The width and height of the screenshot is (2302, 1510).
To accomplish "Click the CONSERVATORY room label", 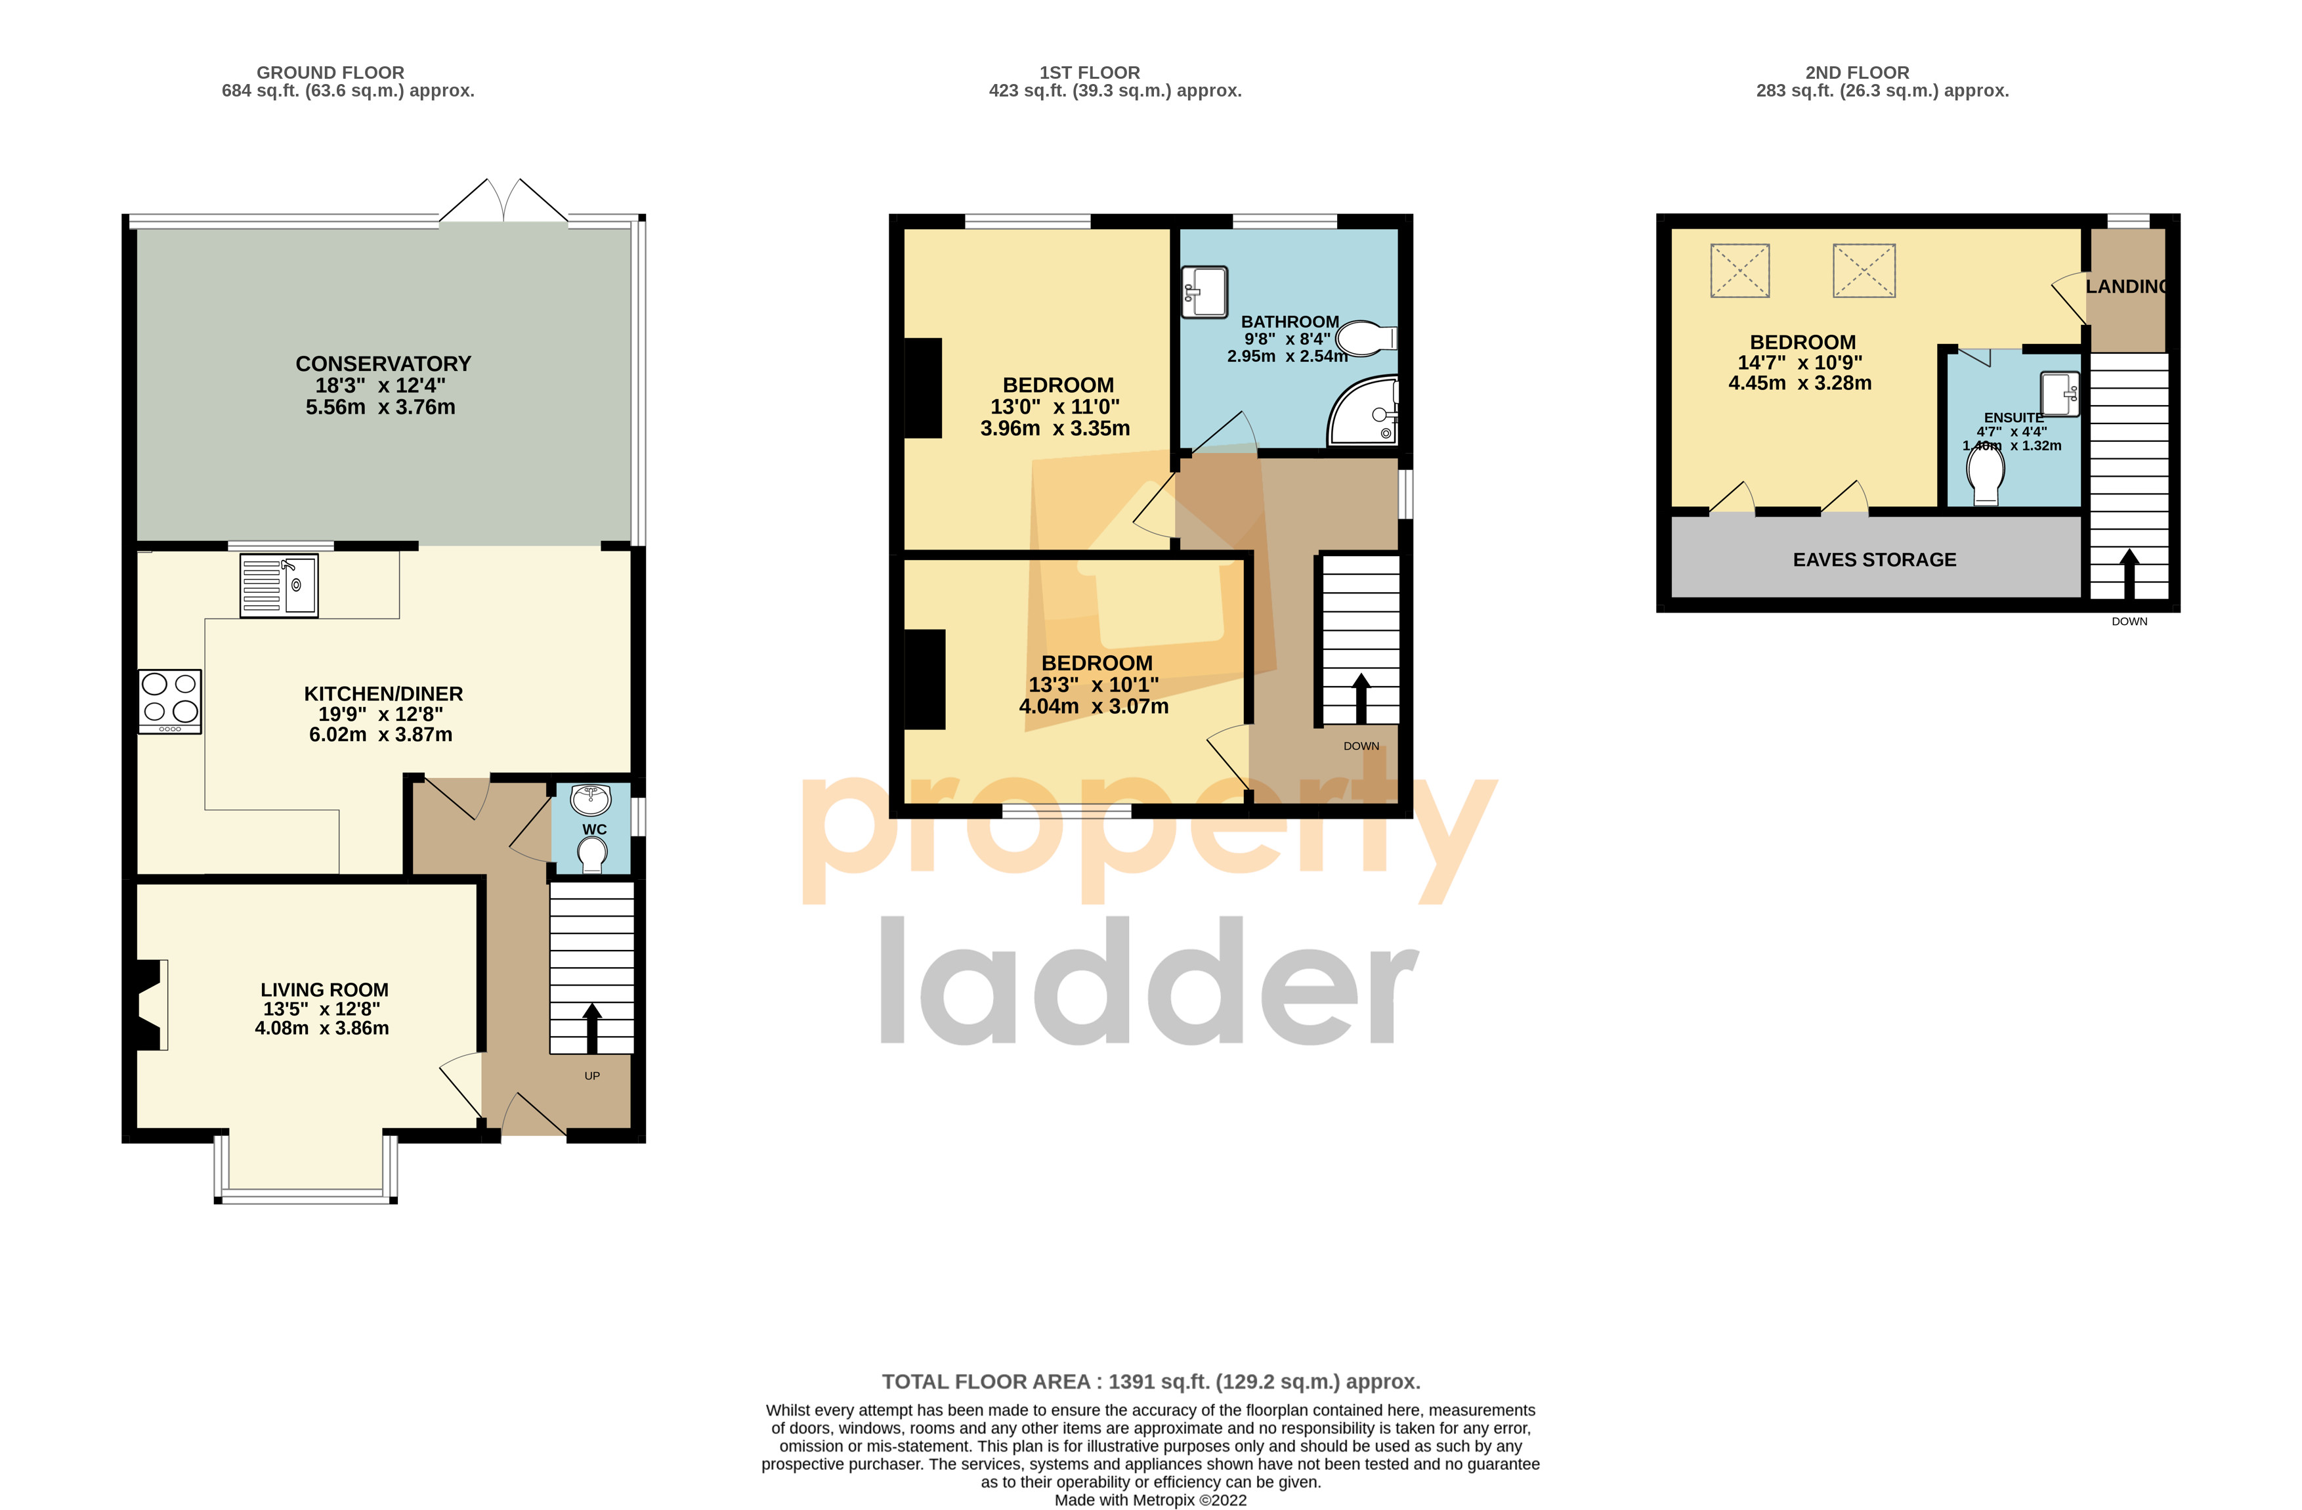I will tap(383, 364).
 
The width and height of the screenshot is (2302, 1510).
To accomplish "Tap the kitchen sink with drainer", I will tap(278, 584).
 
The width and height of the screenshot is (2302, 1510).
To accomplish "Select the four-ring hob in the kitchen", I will tap(169, 701).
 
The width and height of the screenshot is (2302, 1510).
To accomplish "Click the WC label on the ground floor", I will tap(594, 829).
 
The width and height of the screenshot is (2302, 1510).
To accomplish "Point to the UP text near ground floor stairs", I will tap(592, 1075).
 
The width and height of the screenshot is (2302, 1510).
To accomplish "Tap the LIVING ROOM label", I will tap(324, 989).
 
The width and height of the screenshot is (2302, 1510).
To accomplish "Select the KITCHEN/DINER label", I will tap(383, 693).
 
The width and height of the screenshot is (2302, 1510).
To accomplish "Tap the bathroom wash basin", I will tap(1204, 291).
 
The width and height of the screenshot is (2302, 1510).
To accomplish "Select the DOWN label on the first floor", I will tap(1361, 746).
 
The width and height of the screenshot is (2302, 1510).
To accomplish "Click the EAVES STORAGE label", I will tap(1873, 560).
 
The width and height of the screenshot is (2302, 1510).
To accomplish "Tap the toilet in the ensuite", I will tap(1986, 474).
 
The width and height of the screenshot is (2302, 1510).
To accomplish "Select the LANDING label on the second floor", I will tap(2126, 286).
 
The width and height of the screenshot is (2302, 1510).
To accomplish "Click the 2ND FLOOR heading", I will tap(1856, 73).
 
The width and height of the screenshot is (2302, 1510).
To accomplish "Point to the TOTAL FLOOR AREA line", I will tap(1150, 1381).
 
